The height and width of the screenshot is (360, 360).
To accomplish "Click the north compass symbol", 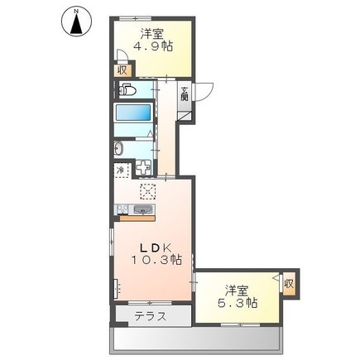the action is point(77,22).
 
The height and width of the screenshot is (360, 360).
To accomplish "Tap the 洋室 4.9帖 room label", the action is point(153,40).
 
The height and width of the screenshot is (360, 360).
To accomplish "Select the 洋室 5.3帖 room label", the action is point(238,296).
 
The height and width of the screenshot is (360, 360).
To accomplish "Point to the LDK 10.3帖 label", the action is point(156,254).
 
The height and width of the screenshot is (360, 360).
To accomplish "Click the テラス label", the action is point(151,316).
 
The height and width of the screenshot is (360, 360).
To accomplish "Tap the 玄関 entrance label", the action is point(185,94).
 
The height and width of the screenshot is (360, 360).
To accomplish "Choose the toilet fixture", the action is point(127,89).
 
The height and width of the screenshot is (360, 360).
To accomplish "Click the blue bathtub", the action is point(133,113).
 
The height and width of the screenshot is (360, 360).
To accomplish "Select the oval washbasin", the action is point(118,149).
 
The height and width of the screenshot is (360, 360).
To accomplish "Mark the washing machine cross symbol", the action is point(144,168).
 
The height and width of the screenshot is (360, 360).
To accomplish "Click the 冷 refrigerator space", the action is point(121,171).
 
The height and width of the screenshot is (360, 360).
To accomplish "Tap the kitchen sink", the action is point(143,210).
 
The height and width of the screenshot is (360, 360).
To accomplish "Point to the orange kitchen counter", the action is point(137,218).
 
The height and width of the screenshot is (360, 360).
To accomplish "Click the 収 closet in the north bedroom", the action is point(122,70).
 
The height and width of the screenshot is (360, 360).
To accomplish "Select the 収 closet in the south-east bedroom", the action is point(289,284).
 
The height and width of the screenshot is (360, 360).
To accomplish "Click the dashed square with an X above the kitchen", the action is point(147,191).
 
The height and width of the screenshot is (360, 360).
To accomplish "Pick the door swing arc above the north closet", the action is point(121,55).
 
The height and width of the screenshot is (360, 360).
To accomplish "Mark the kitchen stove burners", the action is point(122,209).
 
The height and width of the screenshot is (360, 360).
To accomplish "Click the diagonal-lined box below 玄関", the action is point(185,116).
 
